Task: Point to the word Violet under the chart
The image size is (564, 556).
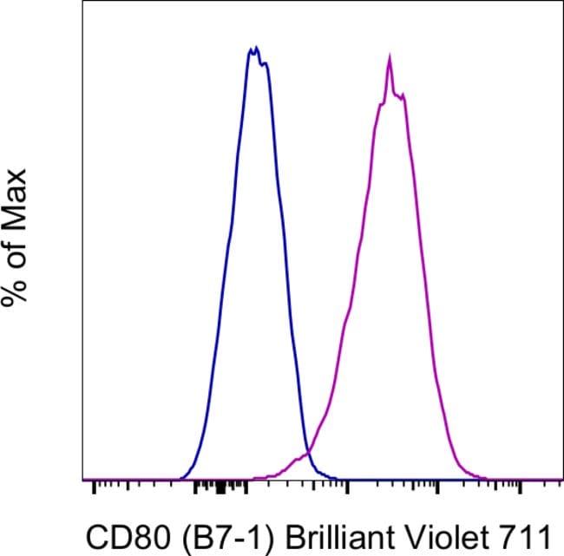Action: pyautogui.click(x=415, y=532)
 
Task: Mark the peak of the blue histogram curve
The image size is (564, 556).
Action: pyautogui.click(x=253, y=49)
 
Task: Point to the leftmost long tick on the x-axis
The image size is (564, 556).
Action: pyautogui.click(x=92, y=487)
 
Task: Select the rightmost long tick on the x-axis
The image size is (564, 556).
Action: pyautogui.click(x=520, y=487)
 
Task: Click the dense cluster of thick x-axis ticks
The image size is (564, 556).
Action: pyautogui.click(x=219, y=487)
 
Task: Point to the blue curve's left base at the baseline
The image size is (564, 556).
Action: pyautogui.click(x=180, y=478)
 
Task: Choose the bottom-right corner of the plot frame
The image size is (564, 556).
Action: pyautogui.click(x=562, y=480)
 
